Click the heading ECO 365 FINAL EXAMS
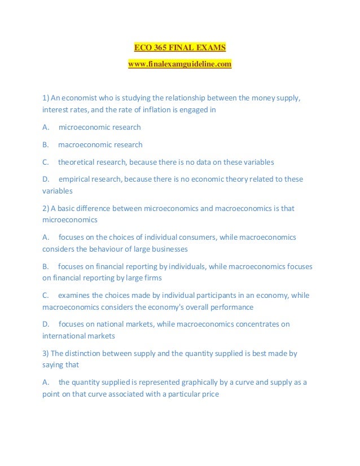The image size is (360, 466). (179, 47)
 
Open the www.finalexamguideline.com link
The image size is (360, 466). (179, 65)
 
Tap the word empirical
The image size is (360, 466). (77, 179)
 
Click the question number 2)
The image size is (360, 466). (46, 208)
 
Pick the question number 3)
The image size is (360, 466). (46, 353)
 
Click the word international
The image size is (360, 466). (63, 336)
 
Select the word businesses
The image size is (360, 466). (168, 249)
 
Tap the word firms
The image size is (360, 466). (152, 278)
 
